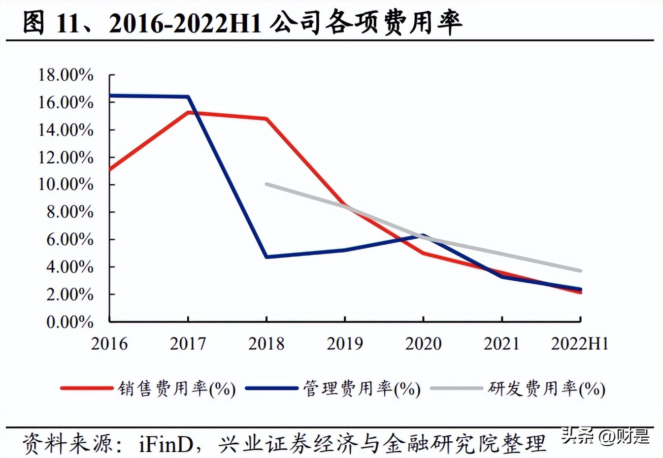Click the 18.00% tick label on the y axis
[66, 75]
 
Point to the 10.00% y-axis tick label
[66, 185]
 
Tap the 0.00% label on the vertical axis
[69, 322]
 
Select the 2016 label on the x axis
[109, 344]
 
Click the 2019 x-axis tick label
[345, 344]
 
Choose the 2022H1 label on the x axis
[580, 344]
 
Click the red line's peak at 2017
[188, 113]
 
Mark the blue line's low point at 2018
[266, 257]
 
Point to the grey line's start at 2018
[266, 184]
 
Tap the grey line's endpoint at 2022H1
[581, 270]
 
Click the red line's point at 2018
[266, 119]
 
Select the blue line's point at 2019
[345, 250]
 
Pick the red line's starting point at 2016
[110, 170]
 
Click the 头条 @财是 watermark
[605, 436]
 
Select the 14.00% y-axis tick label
[66, 130]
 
